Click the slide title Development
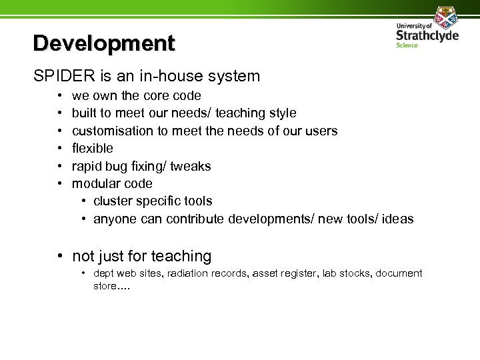click(x=104, y=43)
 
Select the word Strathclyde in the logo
click(x=427, y=35)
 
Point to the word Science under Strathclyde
click(x=407, y=46)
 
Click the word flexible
click(x=93, y=148)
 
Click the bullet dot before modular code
click(x=60, y=183)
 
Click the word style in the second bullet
click(x=281, y=113)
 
